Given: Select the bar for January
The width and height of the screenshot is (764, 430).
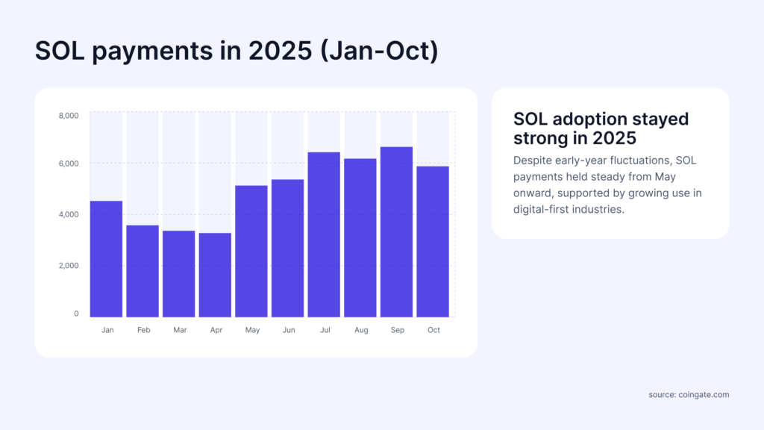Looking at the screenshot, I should tap(106, 258).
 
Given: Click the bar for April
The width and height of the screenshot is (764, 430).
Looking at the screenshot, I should tap(215, 275).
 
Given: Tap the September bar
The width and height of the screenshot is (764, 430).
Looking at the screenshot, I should tap(397, 231).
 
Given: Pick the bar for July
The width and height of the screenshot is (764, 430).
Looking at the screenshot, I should tap(325, 234).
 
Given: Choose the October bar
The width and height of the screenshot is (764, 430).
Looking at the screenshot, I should tap(433, 241).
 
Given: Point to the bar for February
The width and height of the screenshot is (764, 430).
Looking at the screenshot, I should tap(143, 270).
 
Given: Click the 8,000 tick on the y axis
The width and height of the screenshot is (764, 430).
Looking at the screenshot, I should tap(69, 116).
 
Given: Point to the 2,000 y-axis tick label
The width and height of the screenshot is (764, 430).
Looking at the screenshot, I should tap(69, 266).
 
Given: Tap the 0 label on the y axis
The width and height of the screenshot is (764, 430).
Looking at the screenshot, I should tap(76, 314).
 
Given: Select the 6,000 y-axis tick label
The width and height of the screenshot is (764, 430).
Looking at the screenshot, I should tap(69, 163).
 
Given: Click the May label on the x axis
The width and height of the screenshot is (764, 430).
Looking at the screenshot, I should tap(252, 330).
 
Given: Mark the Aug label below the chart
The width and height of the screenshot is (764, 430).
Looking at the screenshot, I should tap(361, 330).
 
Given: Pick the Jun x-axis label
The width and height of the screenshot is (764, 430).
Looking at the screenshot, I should tap(288, 330).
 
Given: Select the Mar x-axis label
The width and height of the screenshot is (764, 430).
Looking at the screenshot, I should tap(179, 330).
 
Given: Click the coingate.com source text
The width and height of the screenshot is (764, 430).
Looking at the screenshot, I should tap(703, 394).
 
